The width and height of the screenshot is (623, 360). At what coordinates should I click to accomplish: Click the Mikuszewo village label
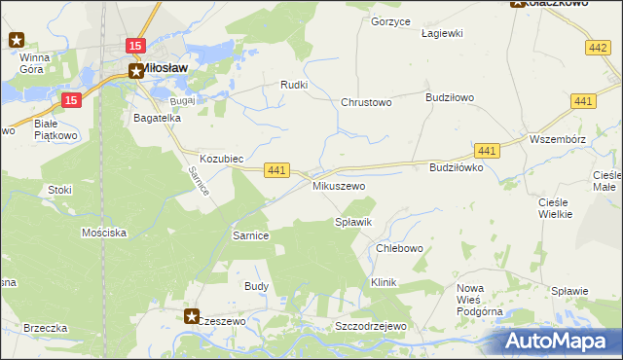pyautogui.click(x=338, y=185)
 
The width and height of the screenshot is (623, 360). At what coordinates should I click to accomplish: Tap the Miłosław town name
pyautogui.click(x=165, y=69)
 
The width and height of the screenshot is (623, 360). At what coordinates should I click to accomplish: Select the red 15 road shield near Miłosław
pyautogui.click(x=135, y=46)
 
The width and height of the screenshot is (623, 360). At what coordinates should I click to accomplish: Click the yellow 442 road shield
pyautogui.click(x=599, y=47)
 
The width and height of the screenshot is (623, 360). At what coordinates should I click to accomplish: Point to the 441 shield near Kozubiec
pyautogui.click(x=277, y=170)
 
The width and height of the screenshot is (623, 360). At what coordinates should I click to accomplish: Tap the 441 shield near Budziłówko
pyautogui.click(x=488, y=150)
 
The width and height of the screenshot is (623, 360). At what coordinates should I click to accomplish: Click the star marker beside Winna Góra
pyautogui.click(x=17, y=40)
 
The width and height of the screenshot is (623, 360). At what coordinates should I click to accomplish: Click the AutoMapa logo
pyautogui.click(x=558, y=341)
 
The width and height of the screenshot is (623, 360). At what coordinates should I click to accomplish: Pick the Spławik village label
pyautogui.click(x=353, y=223)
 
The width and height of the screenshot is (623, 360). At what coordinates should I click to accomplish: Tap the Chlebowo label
pyautogui.click(x=399, y=248)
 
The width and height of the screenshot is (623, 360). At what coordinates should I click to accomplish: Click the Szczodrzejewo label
pyautogui.click(x=369, y=326)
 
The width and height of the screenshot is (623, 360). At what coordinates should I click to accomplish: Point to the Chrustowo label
pyautogui.click(x=366, y=102)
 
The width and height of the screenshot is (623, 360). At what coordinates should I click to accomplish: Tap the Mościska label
pyautogui.click(x=104, y=234)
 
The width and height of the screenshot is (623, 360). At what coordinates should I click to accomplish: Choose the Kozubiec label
pyautogui.click(x=221, y=158)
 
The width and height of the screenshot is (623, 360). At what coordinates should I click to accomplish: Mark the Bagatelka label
pyautogui.click(x=158, y=118)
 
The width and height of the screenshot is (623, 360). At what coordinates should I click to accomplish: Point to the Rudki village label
pyautogui.click(x=294, y=85)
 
